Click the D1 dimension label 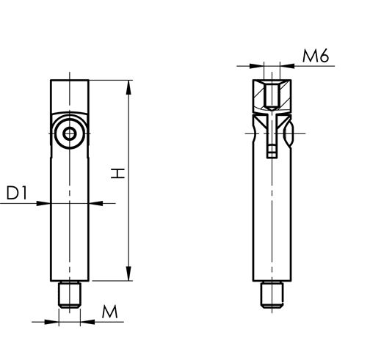click(x=18, y=193)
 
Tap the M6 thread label click(x=313, y=56)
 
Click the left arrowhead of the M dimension click(x=55, y=320)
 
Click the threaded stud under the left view click(x=70, y=294)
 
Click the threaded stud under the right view click(x=272, y=294)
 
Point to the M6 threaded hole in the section click(x=272, y=95)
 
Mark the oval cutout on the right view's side click(x=290, y=133)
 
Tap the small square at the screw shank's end click(x=272, y=153)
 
